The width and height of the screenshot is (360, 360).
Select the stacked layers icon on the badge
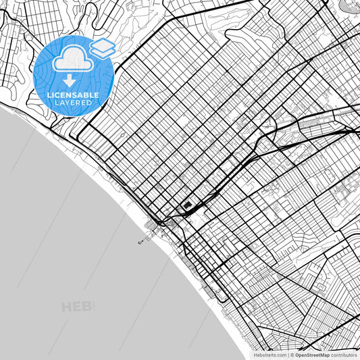point(103,47)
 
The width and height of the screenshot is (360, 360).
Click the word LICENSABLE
point(73,96)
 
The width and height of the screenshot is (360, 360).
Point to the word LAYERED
point(73,103)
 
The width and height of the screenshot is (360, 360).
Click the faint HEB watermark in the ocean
point(78,307)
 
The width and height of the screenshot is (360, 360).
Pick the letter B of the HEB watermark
point(89,307)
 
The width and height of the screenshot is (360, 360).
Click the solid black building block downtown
point(188,206)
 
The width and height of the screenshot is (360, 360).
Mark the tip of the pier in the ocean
point(139,242)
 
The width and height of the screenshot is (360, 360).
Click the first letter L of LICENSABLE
point(49,96)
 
